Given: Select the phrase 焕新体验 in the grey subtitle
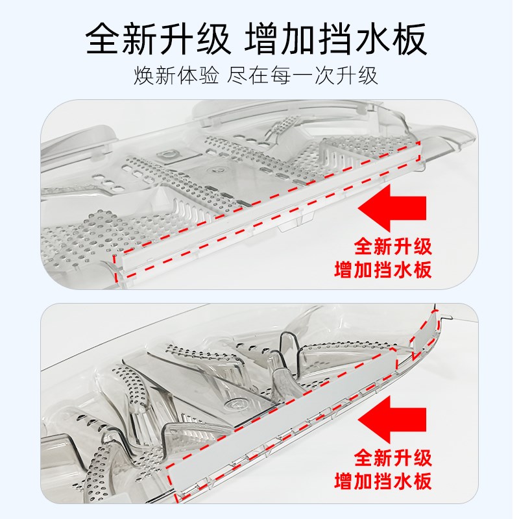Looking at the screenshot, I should tap(175, 76).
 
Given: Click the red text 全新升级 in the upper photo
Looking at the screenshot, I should tap(392, 247).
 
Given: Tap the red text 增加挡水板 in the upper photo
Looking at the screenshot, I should tap(383, 270).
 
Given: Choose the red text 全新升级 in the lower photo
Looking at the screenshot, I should tap(392, 458).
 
